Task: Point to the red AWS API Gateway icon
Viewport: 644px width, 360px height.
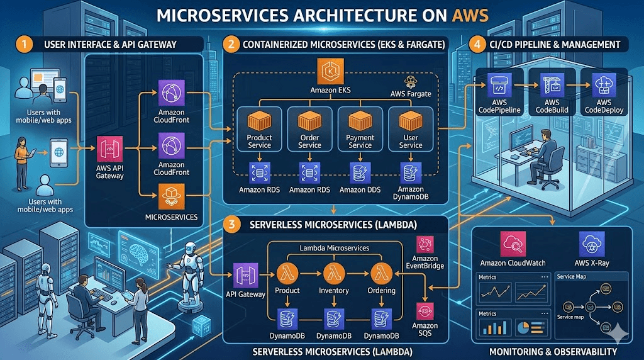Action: pos(106,149)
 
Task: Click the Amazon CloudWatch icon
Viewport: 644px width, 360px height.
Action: pos(513,244)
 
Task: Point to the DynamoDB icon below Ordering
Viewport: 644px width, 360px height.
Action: pos(381,317)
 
